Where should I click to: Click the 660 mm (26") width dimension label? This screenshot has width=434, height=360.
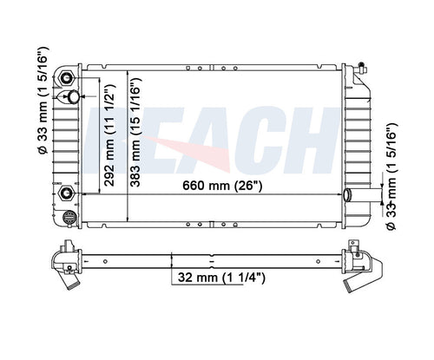click(222, 186)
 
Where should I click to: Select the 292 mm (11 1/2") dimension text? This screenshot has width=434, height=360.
click(110, 135)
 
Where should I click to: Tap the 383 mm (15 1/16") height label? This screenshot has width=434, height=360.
click(135, 132)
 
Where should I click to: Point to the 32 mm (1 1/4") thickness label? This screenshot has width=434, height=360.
click(221, 278)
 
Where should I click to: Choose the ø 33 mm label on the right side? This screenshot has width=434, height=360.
click(391, 176)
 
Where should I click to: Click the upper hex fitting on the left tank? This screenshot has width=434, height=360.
click(67, 78)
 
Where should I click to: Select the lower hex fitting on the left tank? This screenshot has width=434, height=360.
click(67, 193)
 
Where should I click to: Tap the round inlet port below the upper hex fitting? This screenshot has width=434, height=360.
click(73, 96)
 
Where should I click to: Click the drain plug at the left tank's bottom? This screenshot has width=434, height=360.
click(70, 217)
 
